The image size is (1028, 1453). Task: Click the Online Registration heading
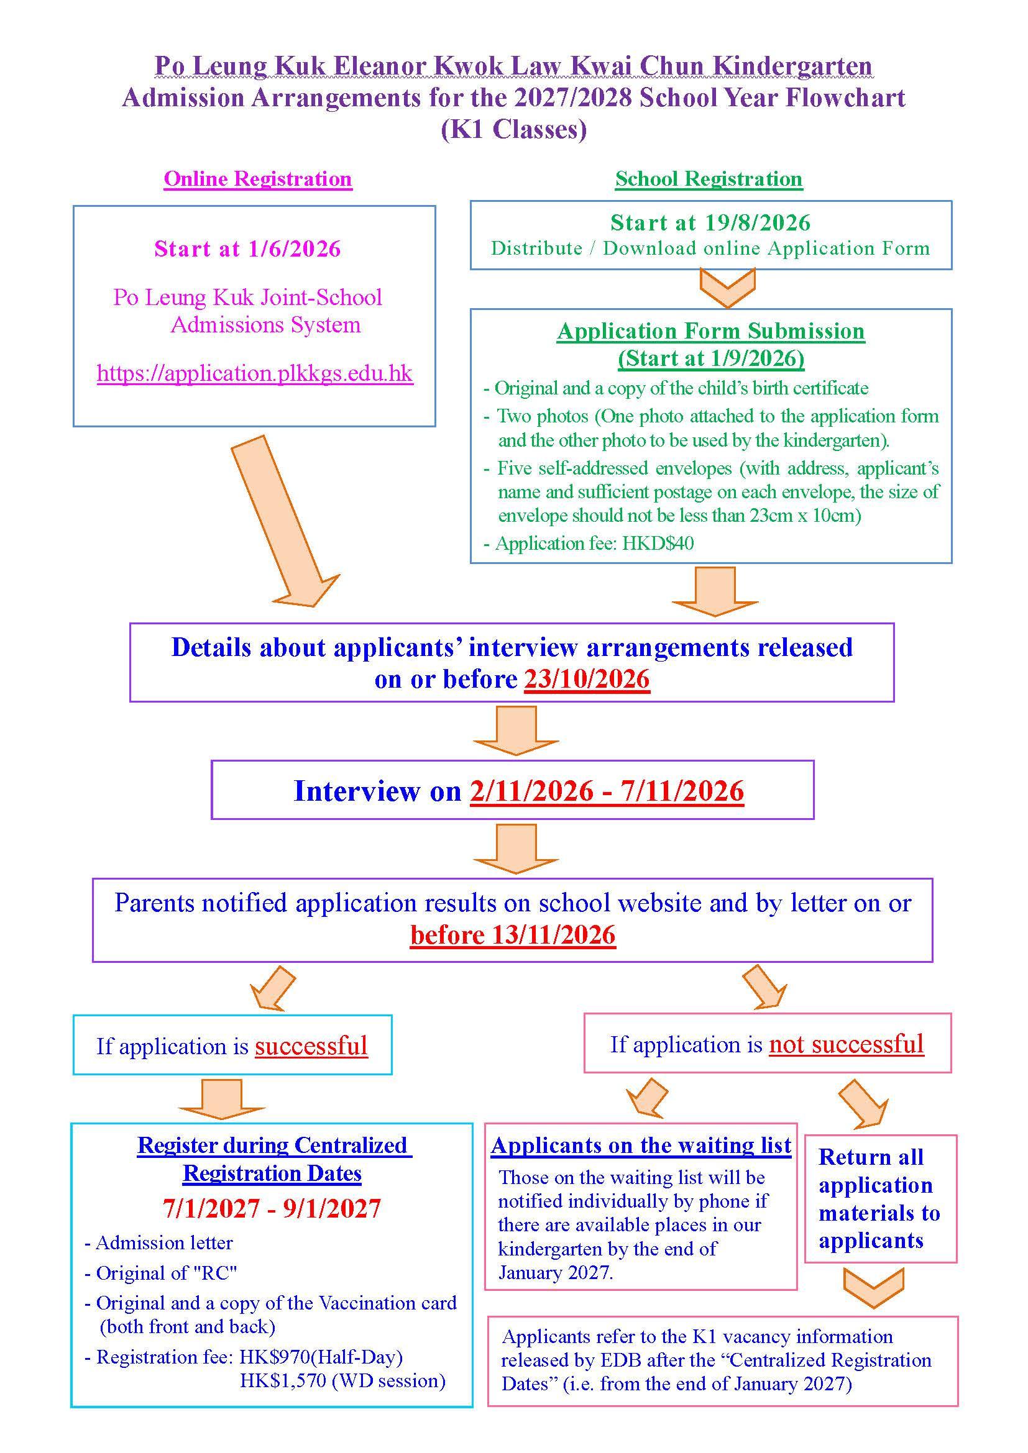click(258, 179)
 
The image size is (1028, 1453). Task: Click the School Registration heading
click(709, 179)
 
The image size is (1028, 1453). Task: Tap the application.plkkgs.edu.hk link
click(255, 373)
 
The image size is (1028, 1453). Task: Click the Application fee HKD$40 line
click(589, 544)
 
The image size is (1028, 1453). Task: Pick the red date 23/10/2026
click(587, 680)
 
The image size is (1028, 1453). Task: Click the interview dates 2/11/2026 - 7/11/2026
click(607, 791)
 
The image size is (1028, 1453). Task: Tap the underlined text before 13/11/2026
click(513, 936)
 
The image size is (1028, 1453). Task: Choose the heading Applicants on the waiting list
click(641, 1146)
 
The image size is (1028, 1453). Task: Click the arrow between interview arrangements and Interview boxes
click(516, 731)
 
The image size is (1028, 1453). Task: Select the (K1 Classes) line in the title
click(514, 129)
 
